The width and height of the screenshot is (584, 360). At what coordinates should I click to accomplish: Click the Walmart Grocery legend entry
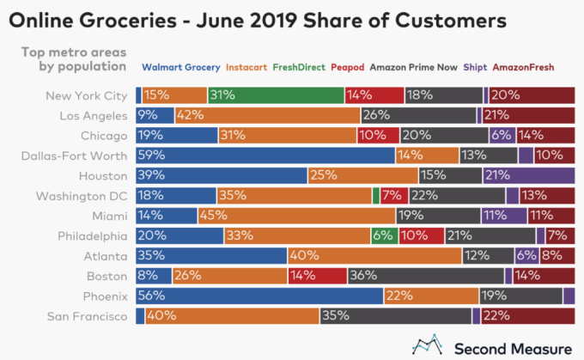click(x=179, y=66)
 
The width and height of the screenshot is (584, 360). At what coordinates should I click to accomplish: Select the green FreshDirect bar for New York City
click(x=276, y=95)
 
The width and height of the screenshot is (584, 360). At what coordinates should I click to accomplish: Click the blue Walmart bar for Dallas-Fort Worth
click(x=265, y=155)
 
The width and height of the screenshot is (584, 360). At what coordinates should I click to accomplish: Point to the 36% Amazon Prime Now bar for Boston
click(x=426, y=276)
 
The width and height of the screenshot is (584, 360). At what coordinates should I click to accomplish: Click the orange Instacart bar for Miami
click(x=297, y=216)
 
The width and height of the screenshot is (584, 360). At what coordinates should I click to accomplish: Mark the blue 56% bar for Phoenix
click(x=259, y=296)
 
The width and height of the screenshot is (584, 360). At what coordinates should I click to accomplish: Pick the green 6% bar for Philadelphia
click(x=384, y=235)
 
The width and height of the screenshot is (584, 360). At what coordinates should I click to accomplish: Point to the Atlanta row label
click(x=108, y=255)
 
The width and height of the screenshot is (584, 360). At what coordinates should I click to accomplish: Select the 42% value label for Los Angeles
click(x=190, y=115)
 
